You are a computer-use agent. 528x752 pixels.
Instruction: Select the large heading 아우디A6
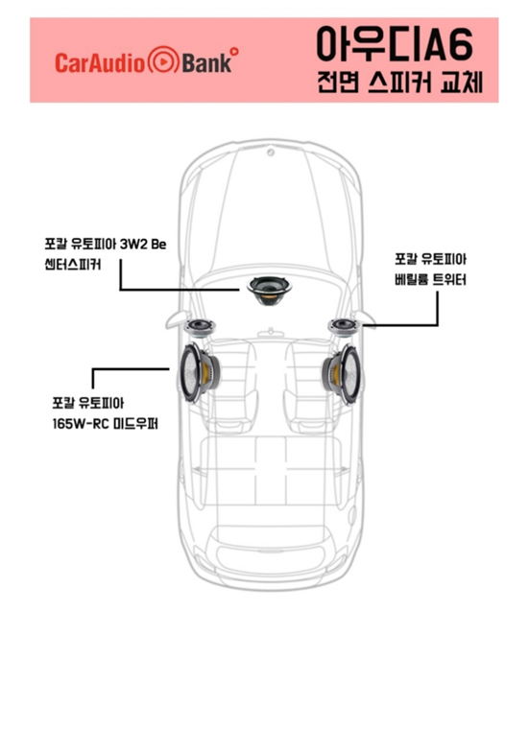[396, 44]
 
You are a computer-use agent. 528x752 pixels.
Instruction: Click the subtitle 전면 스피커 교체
[399, 82]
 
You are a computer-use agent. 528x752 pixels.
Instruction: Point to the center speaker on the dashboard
[270, 290]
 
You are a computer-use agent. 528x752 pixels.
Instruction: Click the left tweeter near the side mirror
[200, 328]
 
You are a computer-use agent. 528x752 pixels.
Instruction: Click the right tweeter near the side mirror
[344, 326]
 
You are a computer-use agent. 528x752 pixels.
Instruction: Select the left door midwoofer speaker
[199, 372]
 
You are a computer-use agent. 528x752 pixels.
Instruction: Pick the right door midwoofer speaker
[342, 374]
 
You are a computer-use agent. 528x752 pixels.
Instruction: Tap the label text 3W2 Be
[143, 244]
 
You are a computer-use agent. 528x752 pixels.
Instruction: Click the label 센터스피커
[73, 265]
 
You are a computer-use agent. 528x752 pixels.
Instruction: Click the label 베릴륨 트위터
[430, 279]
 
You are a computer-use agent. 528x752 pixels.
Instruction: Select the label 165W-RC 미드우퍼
[106, 424]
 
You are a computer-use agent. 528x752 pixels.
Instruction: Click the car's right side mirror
[365, 318]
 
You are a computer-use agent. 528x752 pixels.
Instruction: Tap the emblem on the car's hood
[271, 153]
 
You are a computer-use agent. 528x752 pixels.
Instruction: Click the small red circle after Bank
[234, 51]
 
